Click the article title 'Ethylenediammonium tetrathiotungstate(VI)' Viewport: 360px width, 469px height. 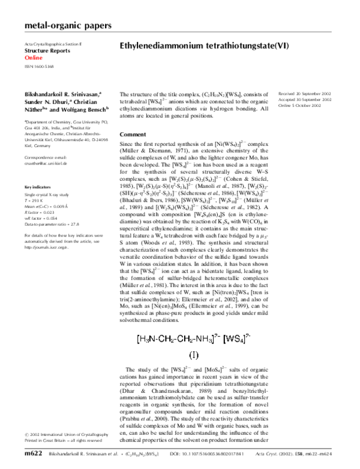[205, 46]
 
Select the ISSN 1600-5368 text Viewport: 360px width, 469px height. [40, 66]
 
